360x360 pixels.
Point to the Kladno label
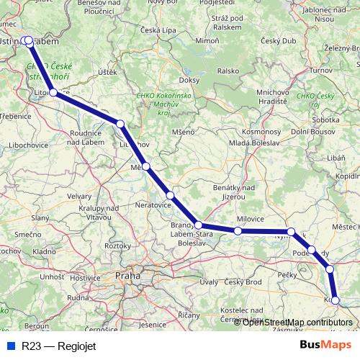pyautogui.click(x=44, y=252)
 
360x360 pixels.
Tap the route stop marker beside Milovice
pyautogui.click(x=238, y=231)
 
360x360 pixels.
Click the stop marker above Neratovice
pyautogui.click(x=171, y=195)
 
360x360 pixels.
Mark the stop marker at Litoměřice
pyautogui.click(x=53, y=93)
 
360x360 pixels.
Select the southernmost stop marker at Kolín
pyautogui.click(x=336, y=300)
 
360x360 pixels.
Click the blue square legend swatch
pyautogui.click(x=10, y=345)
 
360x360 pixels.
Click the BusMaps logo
pyautogui.click(x=325, y=345)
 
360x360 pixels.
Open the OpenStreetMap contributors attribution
pyautogui.click(x=297, y=322)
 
